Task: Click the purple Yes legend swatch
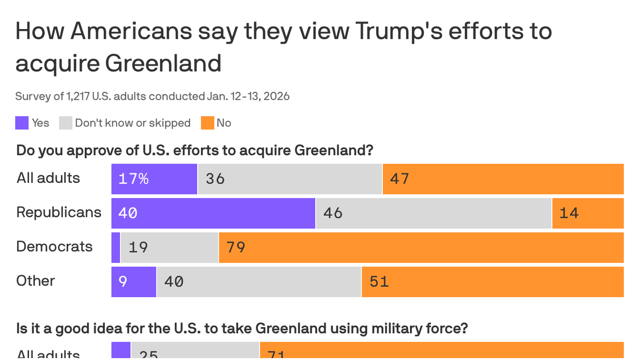click(x=22, y=123)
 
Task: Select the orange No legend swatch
click(x=208, y=123)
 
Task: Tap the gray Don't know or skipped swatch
click(x=66, y=123)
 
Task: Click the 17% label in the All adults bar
click(x=134, y=179)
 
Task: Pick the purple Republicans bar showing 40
click(x=213, y=213)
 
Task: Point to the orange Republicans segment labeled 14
click(x=588, y=213)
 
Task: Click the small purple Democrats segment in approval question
click(x=116, y=247)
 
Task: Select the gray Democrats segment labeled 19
click(x=169, y=247)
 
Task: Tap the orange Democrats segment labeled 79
click(x=421, y=247)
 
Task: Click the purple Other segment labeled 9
click(x=134, y=282)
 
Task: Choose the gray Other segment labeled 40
click(x=259, y=282)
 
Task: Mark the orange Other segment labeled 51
click(x=492, y=282)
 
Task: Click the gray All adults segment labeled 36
click(x=290, y=179)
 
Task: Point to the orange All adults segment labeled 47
click(x=503, y=179)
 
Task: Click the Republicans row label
click(x=59, y=212)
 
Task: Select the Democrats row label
click(x=54, y=247)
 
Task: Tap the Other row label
click(x=36, y=281)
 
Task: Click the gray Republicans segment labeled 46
click(x=433, y=213)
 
